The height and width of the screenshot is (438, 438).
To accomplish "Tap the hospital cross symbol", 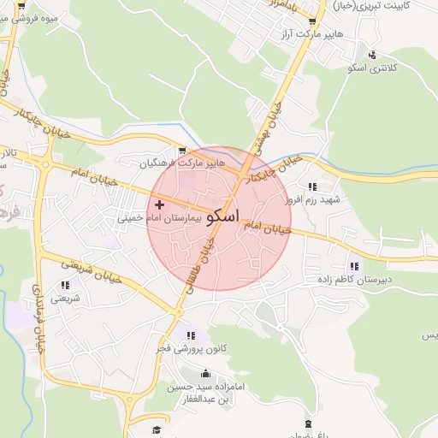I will (x=159, y=205).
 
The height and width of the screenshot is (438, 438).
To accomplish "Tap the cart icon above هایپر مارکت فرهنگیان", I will (x=182, y=150).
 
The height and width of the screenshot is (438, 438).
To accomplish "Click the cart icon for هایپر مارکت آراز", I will (x=311, y=21).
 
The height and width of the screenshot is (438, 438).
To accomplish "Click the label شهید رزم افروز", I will (x=314, y=199).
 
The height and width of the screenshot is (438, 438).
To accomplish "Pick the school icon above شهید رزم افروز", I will (x=312, y=186).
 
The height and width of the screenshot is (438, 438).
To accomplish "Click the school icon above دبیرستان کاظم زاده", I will (x=353, y=266).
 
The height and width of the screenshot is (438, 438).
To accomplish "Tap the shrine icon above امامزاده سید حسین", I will (x=205, y=374).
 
